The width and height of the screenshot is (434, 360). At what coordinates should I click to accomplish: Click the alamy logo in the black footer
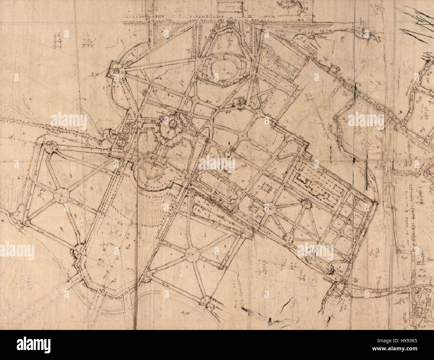pos(33,344)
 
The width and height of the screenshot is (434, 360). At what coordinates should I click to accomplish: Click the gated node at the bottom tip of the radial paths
pos(207,301)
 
